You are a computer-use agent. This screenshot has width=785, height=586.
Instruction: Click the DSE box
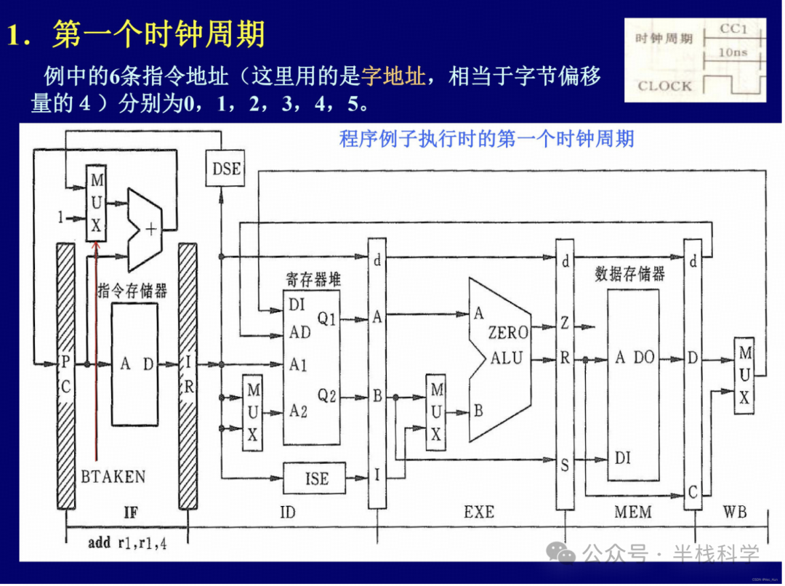pyautogui.click(x=227, y=169)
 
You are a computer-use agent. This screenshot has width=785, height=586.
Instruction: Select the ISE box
pyautogui.click(x=317, y=478)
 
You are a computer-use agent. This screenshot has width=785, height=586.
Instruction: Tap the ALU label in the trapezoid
pyautogui.click(x=507, y=358)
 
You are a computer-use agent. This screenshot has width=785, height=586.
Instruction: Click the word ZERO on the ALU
pyautogui.click(x=508, y=333)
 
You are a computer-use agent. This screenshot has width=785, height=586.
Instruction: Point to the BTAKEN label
pyautogui.click(x=113, y=477)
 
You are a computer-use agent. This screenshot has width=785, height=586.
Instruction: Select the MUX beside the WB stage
pyautogui.click(x=744, y=375)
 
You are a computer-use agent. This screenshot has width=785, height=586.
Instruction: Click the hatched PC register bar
pyautogui.click(x=65, y=377)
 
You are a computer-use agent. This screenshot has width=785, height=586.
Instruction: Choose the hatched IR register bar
pyautogui.click(x=188, y=377)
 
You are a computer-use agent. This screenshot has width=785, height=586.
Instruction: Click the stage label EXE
pyautogui.click(x=479, y=513)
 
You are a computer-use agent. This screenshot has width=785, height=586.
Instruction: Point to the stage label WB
pyautogui.click(x=734, y=513)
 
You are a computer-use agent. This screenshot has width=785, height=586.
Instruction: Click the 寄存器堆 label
pyautogui.click(x=313, y=278)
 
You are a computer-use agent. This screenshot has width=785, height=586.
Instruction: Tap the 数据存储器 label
pyautogui.click(x=629, y=273)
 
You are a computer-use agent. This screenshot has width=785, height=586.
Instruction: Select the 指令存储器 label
pyautogui.click(x=132, y=291)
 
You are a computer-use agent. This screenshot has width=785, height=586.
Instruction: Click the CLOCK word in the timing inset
pyautogui.click(x=664, y=86)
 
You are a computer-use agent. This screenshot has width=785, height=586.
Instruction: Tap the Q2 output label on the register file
pyautogui.click(x=327, y=396)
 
